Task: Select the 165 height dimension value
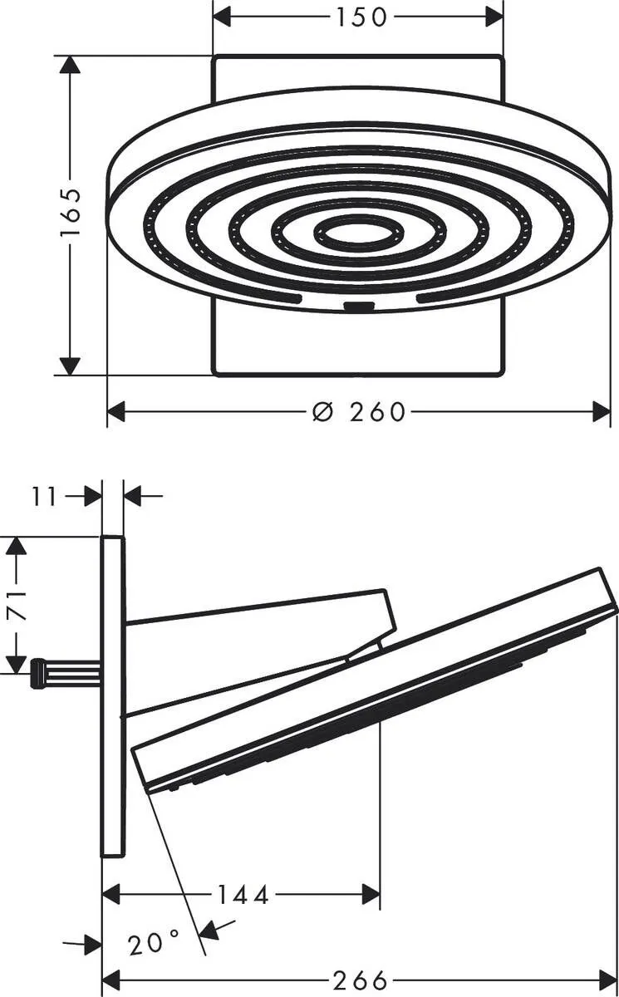point(71,214)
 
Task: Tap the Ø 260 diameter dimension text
point(359,411)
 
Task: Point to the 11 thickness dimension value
point(46,497)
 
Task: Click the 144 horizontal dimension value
point(243,895)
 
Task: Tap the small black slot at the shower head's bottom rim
point(358,308)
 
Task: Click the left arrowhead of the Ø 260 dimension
point(117,411)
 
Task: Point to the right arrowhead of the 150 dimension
point(494,16)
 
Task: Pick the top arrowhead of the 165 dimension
point(71,66)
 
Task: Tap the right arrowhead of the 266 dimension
point(607,981)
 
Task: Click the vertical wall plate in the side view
point(112,696)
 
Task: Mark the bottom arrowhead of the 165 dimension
point(71,365)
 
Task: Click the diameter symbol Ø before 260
point(323,411)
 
